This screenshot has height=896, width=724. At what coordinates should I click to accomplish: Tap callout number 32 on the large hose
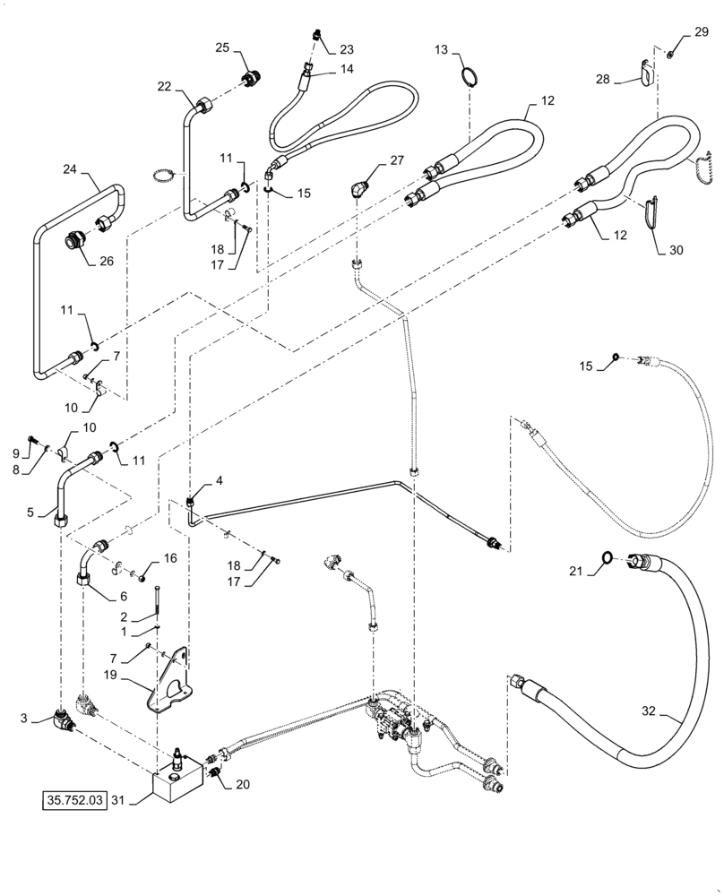tap(649, 713)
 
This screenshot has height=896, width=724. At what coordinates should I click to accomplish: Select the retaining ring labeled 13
tap(467, 73)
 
